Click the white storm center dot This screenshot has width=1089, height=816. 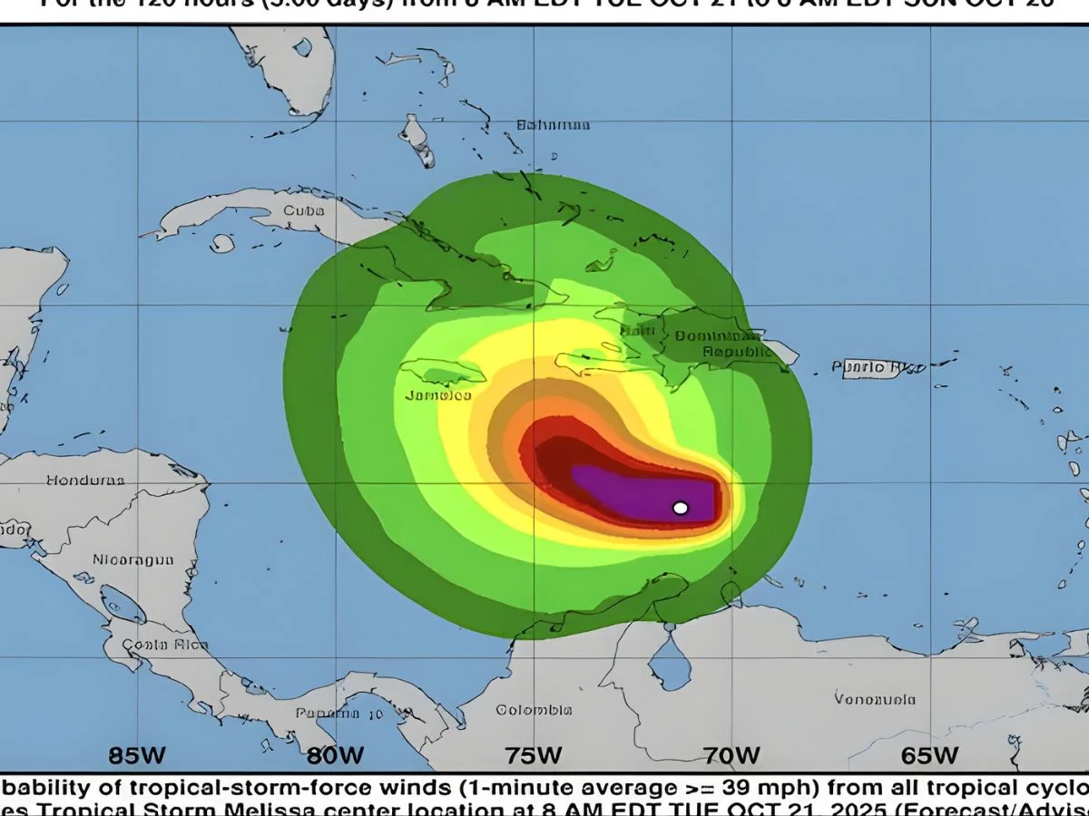(x=681, y=508)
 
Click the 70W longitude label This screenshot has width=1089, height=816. (x=732, y=754)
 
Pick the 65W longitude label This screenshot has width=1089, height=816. (x=929, y=754)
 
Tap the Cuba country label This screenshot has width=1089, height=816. (x=303, y=210)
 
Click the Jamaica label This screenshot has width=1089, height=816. (x=437, y=395)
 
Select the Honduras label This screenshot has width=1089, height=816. (x=85, y=480)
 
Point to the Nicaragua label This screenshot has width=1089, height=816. (x=132, y=560)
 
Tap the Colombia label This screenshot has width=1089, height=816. (x=534, y=710)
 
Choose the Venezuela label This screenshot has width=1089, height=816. (x=875, y=699)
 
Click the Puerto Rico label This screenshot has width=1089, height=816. (x=878, y=367)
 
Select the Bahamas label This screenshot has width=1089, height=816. (x=553, y=125)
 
